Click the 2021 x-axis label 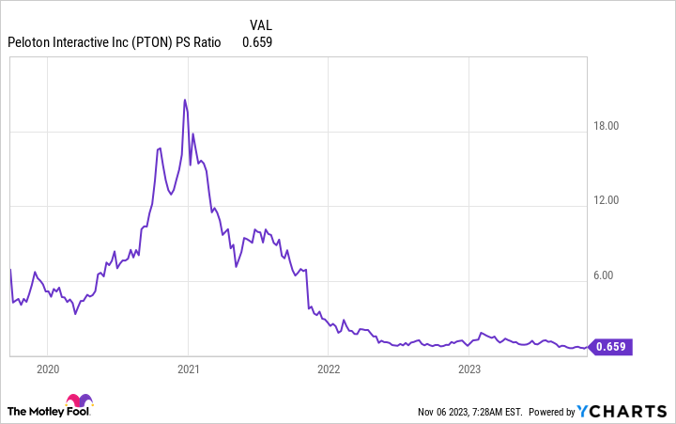[188, 370]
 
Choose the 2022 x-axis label [328, 370]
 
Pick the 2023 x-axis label [469, 370]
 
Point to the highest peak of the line [184, 100]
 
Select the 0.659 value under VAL [257, 41]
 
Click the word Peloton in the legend [30, 41]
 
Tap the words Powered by [551, 412]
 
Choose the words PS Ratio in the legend [202, 41]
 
